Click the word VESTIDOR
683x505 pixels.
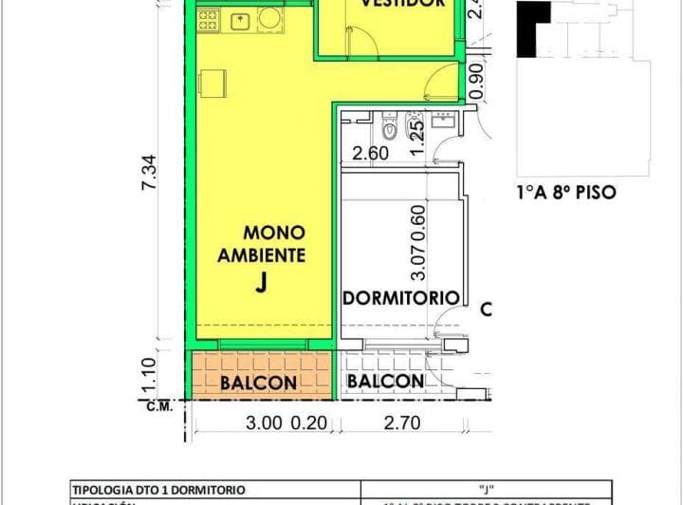401,4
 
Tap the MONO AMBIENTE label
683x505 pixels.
261,243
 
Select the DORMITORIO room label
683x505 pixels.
400,297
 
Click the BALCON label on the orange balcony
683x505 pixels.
258,383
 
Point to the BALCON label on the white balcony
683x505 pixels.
384,382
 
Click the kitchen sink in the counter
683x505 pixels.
241,19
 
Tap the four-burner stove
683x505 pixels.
209,19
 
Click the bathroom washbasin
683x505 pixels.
443,121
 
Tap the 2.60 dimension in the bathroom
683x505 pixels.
370,153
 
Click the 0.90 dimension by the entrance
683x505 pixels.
476,84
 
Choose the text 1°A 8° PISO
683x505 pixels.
565,192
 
